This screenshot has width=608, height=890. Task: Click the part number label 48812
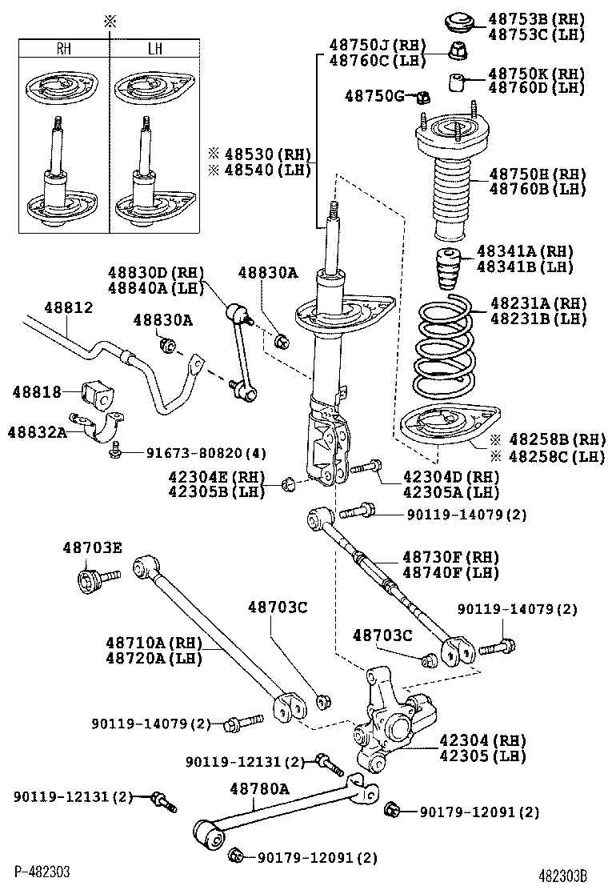pyautogui.click(x=68, y=308)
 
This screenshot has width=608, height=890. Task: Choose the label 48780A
pyautogui.click(x=259, y=788)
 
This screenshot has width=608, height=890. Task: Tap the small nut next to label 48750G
pyautogui.click(x=423, y=98)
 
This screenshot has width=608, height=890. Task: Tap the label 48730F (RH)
pyautogui.click(x=450, y=557)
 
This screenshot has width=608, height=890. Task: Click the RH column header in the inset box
pyautogui.click(x=63, y=49)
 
